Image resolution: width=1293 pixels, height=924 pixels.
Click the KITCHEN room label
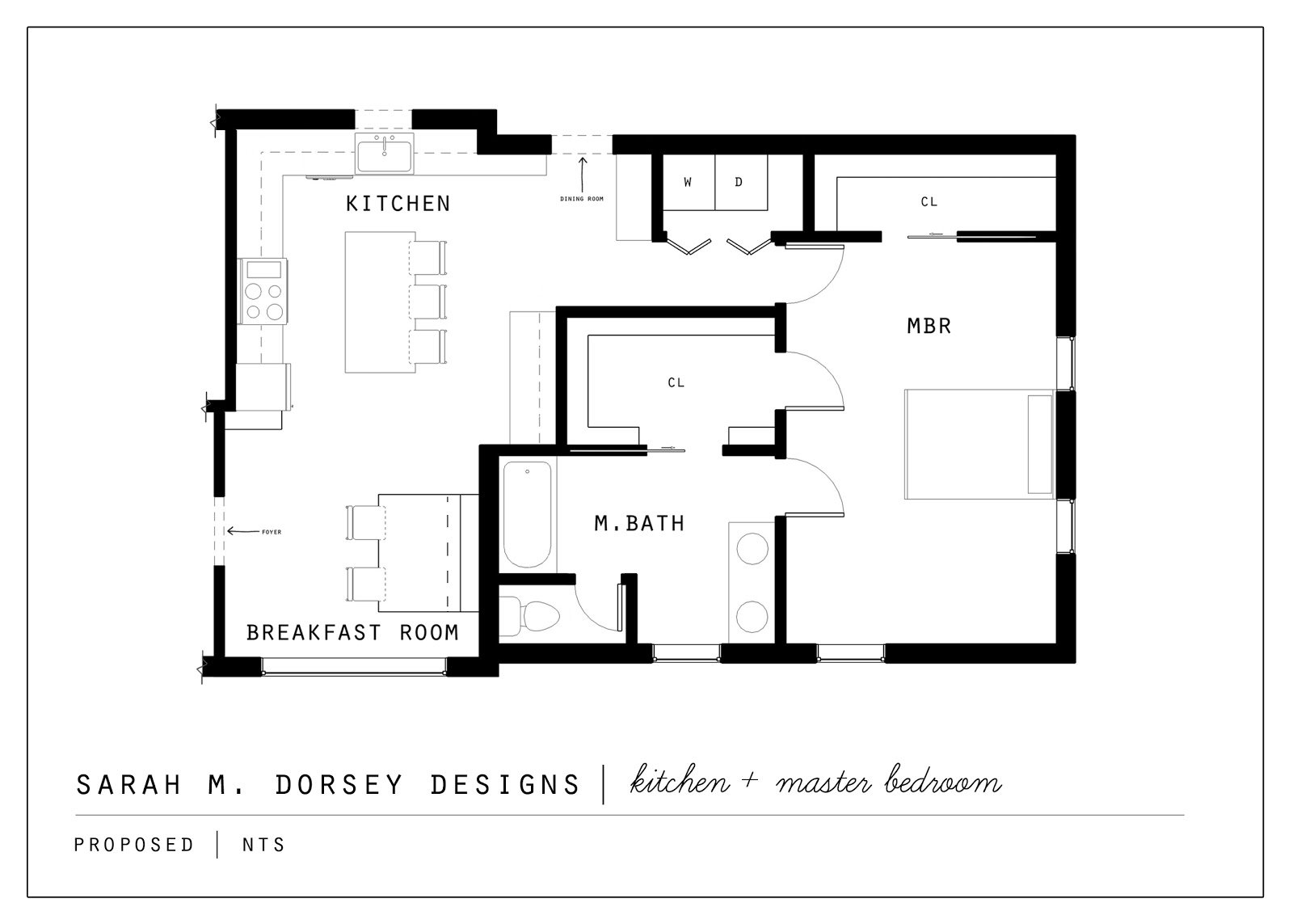398,203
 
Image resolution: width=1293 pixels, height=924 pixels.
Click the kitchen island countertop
378,302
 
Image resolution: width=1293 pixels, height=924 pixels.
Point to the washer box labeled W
688,183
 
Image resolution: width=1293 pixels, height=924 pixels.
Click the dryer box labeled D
739,183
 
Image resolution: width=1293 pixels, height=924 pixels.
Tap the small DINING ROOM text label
582,199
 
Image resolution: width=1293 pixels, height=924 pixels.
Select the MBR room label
929,326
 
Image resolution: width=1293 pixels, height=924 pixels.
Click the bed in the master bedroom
978,444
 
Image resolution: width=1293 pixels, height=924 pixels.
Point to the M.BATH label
639,524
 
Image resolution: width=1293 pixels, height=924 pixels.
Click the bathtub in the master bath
528,515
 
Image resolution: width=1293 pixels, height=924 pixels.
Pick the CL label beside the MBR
929,202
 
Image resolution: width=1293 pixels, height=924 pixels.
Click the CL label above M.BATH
676,382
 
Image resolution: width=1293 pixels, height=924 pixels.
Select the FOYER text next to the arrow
272,532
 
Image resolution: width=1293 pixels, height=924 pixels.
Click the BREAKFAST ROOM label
352,632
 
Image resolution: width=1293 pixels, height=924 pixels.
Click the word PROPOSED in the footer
134,845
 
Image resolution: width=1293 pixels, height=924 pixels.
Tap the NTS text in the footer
263,845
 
